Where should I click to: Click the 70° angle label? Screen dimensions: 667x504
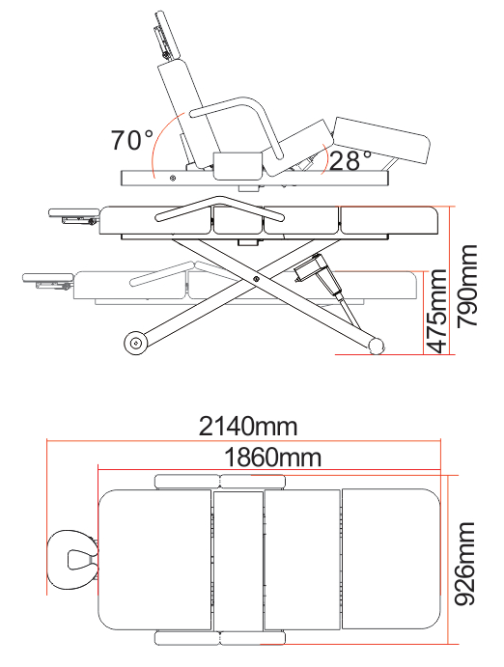tap(132, 141)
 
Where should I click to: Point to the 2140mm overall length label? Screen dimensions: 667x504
tap(248, 426)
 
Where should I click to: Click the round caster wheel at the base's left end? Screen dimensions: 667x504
tap(136, 343)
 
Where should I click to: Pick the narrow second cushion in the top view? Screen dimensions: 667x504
tap(238, 560)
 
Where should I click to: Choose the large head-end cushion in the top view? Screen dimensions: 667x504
tap(156, 560)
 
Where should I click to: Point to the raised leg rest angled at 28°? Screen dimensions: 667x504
tap(381, 141)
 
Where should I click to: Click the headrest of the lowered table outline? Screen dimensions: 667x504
tap(49, 279)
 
